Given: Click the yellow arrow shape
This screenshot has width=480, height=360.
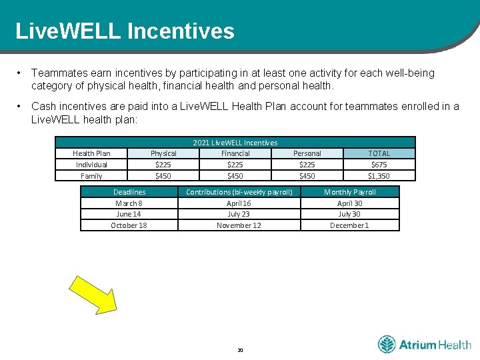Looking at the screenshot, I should click(x=93, y=293).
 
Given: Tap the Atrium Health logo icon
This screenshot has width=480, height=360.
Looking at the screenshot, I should click(x=387, y=345).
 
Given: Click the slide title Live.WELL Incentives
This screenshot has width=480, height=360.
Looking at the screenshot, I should click(x=125, y=31).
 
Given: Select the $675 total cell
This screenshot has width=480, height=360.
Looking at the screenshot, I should click(x=379, y=165).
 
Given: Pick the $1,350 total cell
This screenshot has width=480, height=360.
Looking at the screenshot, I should click(x=379, y=176).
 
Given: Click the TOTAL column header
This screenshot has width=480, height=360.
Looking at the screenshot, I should click(x=379, y=153).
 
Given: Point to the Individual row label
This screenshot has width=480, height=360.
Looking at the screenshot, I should click(x=91, y=165).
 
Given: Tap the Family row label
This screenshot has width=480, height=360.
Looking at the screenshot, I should click(x=91, y=176).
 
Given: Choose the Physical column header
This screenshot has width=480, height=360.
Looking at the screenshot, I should click(x=163, y=153).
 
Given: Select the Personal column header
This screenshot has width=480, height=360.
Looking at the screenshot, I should click(x=307, y=153).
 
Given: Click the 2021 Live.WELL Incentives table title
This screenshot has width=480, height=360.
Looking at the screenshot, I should click(x=235, y=143).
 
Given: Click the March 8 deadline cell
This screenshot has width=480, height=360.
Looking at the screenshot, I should click(x=129, y=203).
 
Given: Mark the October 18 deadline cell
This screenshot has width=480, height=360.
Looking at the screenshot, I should click(x=129, y=225).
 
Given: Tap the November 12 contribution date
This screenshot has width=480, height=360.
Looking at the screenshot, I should click(x=239, y=225).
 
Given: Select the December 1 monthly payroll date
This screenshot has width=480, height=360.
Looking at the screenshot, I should click(x=349, y=225).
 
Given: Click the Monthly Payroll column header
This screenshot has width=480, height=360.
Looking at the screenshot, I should click(x=349, y=192).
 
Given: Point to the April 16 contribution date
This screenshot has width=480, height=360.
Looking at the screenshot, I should click(x=239, y=203).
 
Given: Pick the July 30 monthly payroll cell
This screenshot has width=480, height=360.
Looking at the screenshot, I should click(x=349, y=214).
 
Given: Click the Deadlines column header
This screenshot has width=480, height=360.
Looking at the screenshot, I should click(x=129, y=192).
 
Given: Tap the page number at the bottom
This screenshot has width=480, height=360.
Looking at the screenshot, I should click(x=240, y=349).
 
